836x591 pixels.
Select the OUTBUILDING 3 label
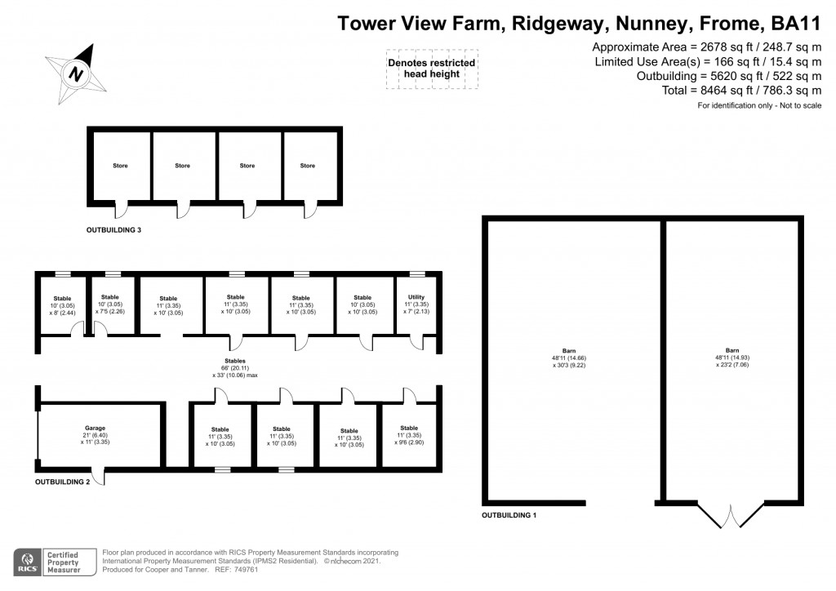tap(114, 230)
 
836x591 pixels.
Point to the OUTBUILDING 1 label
tap(509, 516)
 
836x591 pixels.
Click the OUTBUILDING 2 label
tap(63, 482)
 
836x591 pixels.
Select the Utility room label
tap(416, 298)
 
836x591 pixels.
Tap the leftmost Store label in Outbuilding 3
tap(120, 166)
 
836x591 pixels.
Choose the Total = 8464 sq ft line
tap(742, 91)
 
